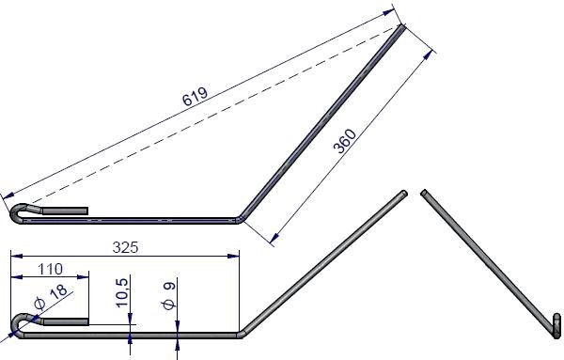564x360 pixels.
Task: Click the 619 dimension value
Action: click(195, 96)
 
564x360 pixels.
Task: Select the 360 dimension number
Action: click(345, 141)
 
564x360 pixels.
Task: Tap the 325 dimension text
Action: click(125, 247)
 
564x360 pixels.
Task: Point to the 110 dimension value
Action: click(50, 269)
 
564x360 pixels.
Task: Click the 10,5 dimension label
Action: click(122, 292)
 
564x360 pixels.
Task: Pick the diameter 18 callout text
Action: click(51, 297)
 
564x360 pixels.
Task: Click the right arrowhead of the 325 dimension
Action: click(234, 256)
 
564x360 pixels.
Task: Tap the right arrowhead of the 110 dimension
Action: click(83, 277)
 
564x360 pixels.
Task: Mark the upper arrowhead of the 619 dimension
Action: click(388, 12)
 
